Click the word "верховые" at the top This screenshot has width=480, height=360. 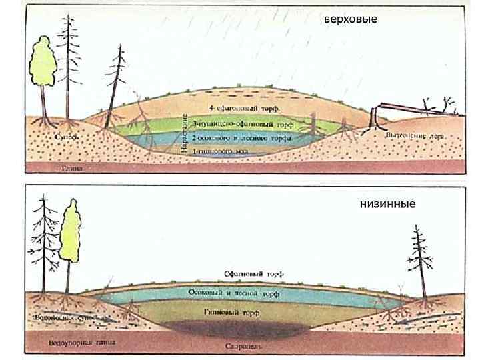[350, 19]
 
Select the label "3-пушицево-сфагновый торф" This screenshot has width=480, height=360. [242, 124]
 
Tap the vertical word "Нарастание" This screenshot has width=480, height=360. [183, 133]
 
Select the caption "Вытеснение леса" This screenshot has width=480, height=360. [415, 135]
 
